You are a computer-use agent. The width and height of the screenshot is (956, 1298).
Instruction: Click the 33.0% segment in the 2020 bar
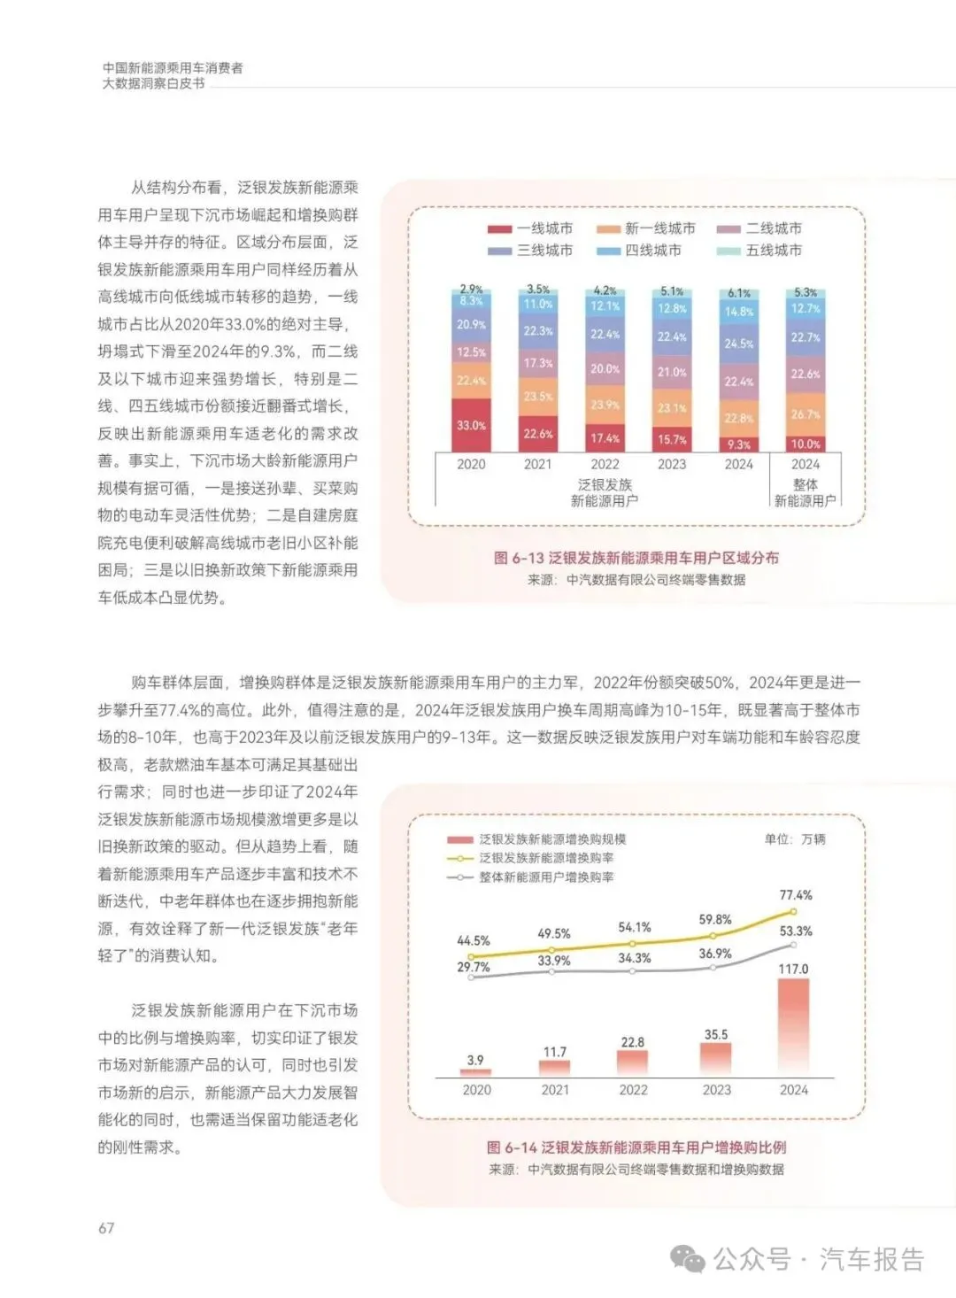click(x=471, y=425)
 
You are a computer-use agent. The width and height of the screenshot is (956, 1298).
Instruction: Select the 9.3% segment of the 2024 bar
click(x=739, y=444)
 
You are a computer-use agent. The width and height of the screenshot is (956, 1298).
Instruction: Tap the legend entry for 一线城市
click(x=530, y=228)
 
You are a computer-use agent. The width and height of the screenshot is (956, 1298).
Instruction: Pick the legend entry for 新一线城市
click(x=646, y=228)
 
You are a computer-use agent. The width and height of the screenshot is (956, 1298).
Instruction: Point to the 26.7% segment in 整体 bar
click(x=806, y=413)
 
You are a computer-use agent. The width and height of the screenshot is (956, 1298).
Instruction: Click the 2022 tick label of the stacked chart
click(x=605, y=464)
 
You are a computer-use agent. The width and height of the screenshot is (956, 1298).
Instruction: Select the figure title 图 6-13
click(x=636, y=558)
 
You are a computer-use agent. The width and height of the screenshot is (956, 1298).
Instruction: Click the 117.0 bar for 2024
click(x=793, y=1027)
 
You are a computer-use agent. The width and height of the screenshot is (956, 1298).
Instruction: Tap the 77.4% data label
click(x=796, y=895)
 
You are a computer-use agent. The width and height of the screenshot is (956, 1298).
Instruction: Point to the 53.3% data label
click(x=796, y=931)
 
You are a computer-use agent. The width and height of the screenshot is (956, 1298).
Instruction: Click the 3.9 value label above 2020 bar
click(x=476, y=1060)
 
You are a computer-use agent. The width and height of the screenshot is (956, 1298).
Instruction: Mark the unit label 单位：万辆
click(x=794, y=838)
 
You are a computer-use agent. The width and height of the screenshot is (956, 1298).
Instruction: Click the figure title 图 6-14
click(x=636, y=1147)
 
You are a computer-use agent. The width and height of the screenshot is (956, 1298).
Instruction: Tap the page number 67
click(x=106, y=1228)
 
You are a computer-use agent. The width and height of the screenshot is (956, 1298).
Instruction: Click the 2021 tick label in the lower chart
click(x=555, y=1090)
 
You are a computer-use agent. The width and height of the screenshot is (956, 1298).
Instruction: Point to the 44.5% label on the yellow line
click(x=474, y=940)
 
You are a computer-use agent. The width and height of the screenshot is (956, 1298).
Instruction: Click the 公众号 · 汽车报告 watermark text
click(x=818, y=1259)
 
